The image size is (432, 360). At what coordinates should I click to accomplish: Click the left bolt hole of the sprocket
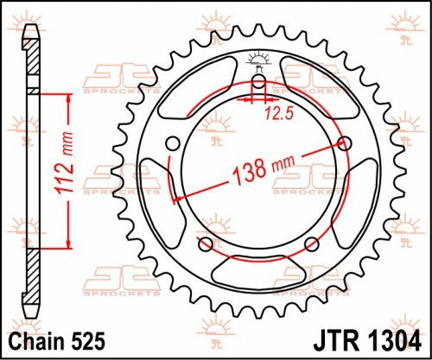point(172,144)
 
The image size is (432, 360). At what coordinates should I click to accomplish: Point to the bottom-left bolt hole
point(205,246)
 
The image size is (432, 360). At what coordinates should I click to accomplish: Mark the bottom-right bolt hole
point(312,246)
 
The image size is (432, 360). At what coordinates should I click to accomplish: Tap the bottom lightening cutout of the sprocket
point(258,268)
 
